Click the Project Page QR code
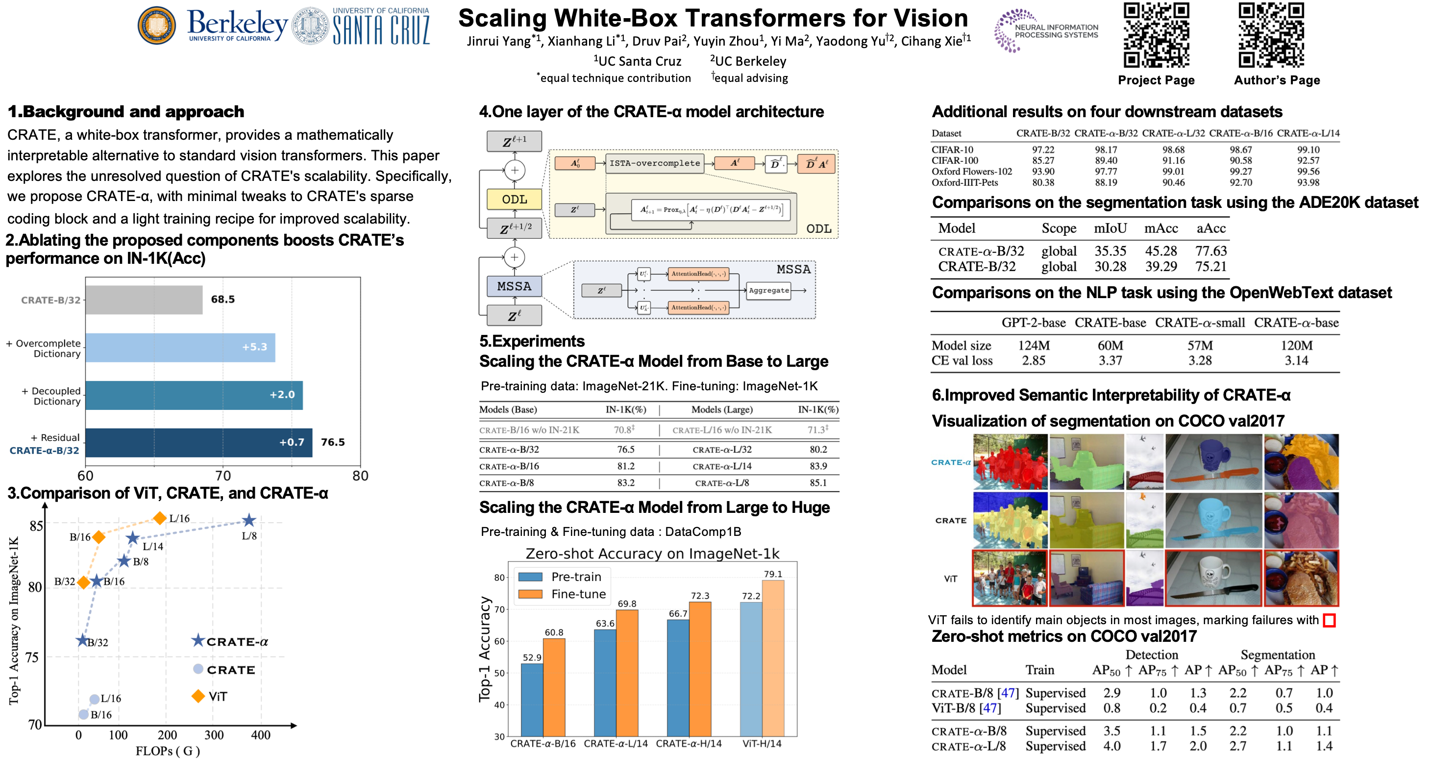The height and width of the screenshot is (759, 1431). [1156, 35]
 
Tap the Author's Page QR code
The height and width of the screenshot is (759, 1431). [1271, 35]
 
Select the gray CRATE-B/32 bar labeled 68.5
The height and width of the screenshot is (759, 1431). [144, 300]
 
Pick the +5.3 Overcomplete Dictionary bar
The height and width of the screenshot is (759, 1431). [180, 347]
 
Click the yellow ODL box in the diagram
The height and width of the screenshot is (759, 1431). [514, 200]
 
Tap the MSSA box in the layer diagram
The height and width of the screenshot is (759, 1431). [514, 287]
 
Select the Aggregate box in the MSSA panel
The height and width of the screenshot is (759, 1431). [769, 290]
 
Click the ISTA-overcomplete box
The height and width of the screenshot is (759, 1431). [654, 163]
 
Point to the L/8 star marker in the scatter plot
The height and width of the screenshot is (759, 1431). [249, 521]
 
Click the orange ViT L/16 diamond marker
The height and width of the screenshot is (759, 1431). [160, 518]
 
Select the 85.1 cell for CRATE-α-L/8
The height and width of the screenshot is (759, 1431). [818, 483]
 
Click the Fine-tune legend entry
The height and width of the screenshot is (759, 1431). [578, 594]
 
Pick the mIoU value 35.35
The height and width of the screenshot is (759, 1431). [1110, 251]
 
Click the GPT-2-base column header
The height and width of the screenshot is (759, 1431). [1033, 323]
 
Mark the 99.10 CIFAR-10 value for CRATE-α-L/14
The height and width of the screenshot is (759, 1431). [1308, 150]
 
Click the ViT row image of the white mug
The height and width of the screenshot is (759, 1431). [1213, 578]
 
